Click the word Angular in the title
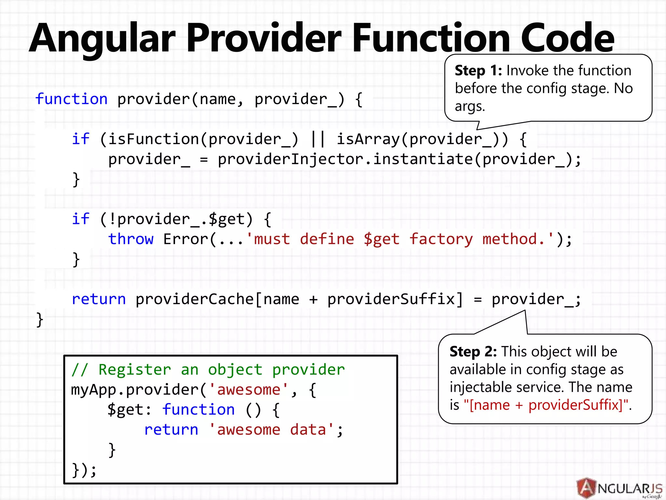pos(102,38)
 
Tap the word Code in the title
pos(567,38)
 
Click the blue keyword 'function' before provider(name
pos(71,99)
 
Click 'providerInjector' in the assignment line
pos(291,160)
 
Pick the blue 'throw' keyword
pos(131,239)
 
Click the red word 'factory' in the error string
pos(441,239)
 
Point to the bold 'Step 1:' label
pos(478,71)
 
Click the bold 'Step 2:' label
pos(473,352)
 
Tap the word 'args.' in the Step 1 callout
pos(470,106)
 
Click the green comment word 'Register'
pos(135,370)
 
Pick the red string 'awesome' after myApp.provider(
pos(249,390)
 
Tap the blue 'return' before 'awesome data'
pos(171,430)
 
